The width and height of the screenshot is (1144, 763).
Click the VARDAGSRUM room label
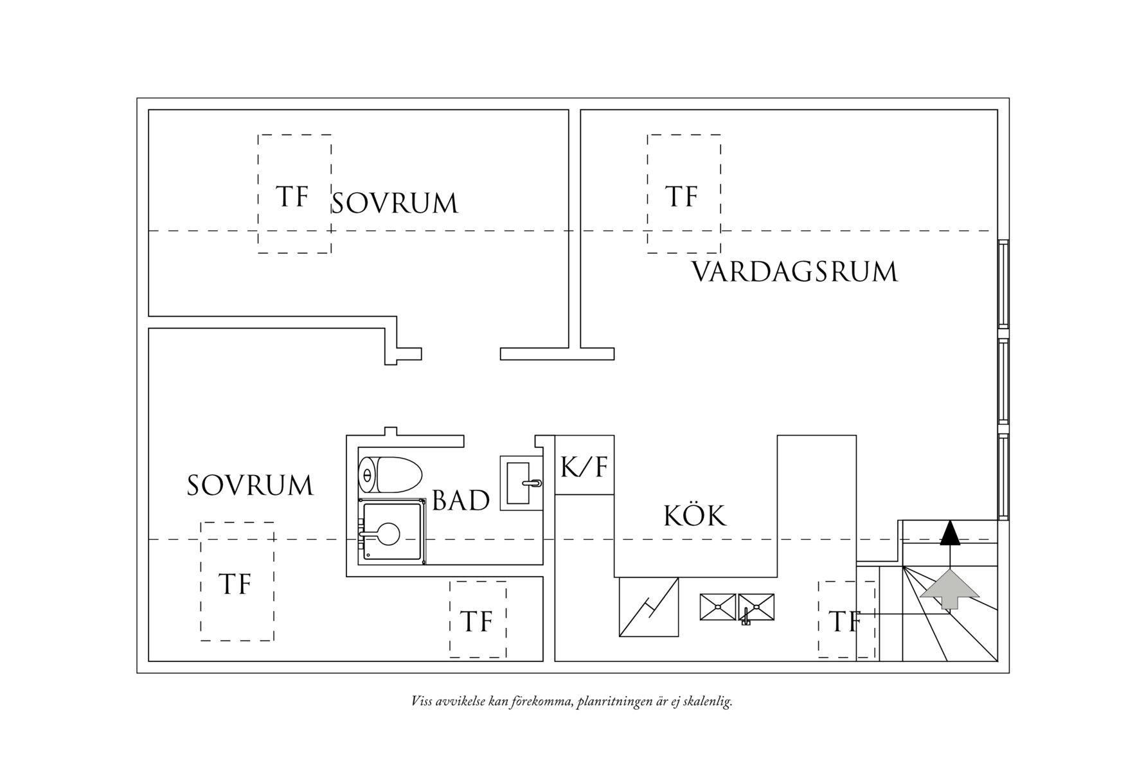(794, 272)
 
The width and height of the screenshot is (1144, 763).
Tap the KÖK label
(695, 516)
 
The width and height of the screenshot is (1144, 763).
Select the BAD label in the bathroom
(461, 500)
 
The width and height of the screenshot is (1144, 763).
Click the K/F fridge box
(584, 465)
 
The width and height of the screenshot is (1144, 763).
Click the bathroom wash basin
(521, 483)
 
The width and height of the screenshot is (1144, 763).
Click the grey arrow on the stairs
(949, 589)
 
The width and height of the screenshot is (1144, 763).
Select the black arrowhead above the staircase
(950, 533)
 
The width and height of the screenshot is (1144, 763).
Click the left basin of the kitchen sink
(718, 607)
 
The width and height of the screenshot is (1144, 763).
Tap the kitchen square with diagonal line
(648, 607)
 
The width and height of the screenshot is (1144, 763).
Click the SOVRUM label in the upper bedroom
(395, 203)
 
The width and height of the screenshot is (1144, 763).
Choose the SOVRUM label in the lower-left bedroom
(250, 485)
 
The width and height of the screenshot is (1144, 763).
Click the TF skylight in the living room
(684, 194)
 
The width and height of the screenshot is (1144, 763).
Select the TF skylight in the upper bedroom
(294, 194)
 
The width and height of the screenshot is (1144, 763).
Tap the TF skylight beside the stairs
(846, 620)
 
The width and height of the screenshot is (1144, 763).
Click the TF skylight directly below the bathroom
(478, 620)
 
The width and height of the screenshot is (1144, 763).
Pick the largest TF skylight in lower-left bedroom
(237, 582)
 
